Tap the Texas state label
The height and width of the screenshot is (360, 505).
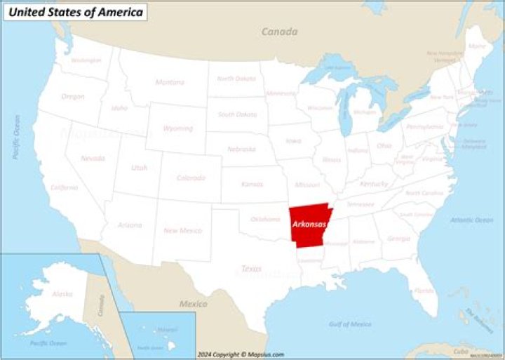tap(250, 269)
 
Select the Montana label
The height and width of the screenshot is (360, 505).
tap(170, 82)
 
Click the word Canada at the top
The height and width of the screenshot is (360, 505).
tap(279, 32)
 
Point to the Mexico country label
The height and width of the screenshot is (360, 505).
tap(193, 304)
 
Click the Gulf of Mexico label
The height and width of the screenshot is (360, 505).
tap(350, 324)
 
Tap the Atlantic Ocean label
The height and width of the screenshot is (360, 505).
tap(471, 220)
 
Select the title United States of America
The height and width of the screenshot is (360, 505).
tap(76, 12)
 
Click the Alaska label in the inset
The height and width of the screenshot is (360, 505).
tap(61, 294)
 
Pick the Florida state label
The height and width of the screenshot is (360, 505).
tap(424, 290)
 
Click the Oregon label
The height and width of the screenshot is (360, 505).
tap(72, 96)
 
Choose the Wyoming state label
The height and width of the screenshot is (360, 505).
tap(178, 128)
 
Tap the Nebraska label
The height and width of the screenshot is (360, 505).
tap(241, 149)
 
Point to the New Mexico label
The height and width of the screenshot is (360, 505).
tap(182, 230)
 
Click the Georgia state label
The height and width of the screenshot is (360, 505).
tap(398, 239)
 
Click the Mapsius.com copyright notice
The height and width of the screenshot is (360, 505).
tap(241, 354)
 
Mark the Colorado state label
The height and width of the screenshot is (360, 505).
tap(191, 178)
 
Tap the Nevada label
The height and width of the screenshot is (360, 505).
tap(93, 159)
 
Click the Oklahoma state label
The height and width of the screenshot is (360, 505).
tap(265, 219)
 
